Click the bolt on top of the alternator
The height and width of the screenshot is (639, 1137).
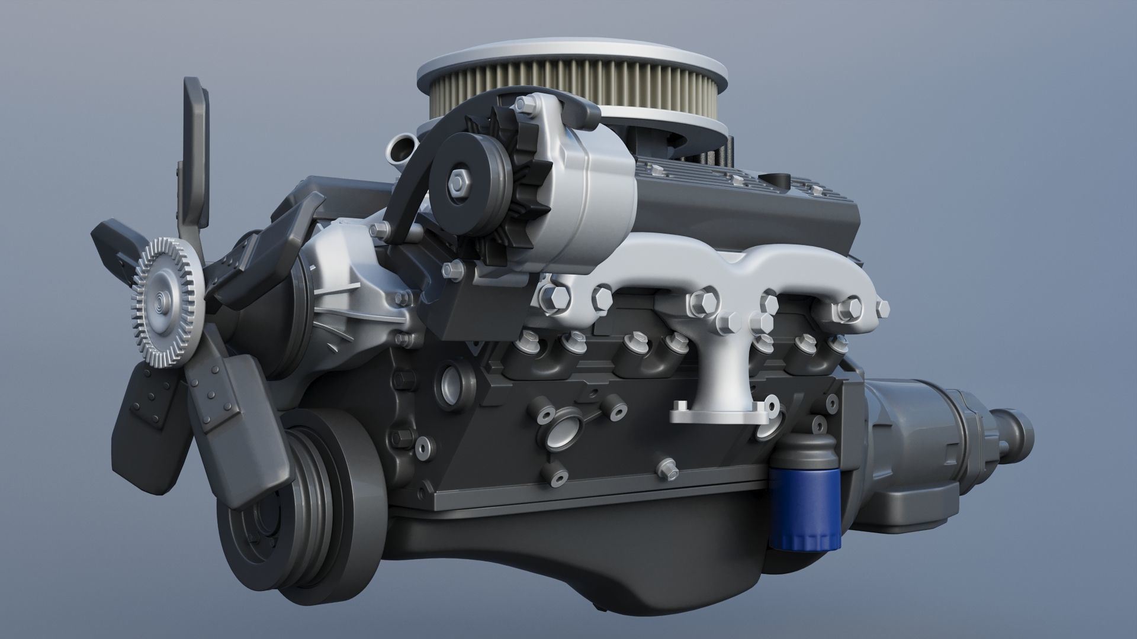point(522,105)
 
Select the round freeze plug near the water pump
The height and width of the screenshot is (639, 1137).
point(449,386)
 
